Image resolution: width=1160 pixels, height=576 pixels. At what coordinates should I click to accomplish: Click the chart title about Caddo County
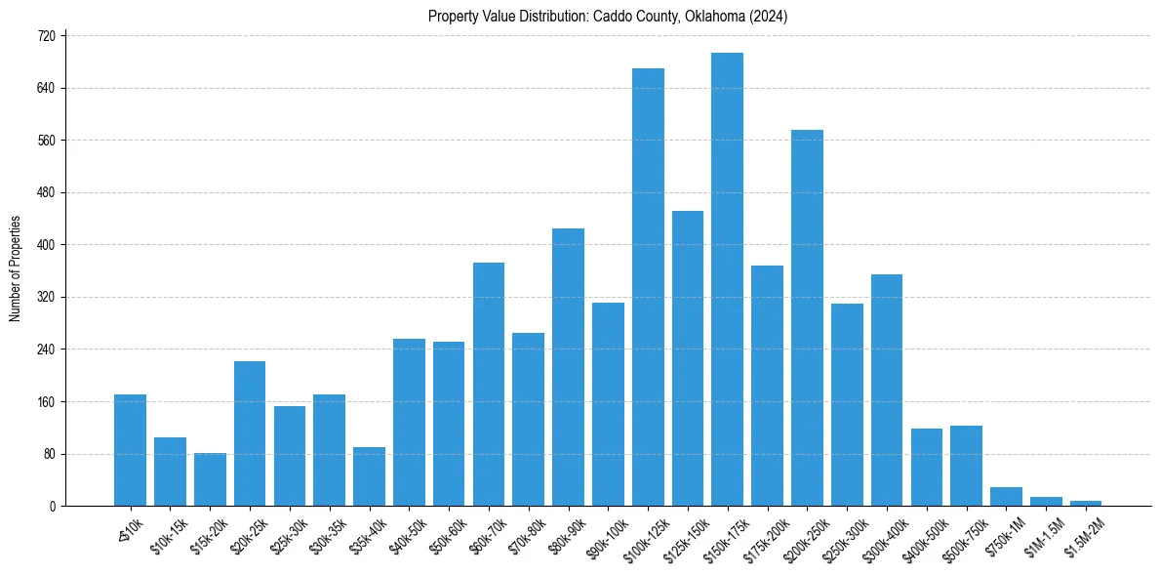click(608, 17)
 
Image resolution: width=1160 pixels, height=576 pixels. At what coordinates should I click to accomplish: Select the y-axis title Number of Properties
click(15, 268)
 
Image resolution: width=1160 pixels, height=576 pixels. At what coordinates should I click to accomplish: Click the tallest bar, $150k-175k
click(727, 279)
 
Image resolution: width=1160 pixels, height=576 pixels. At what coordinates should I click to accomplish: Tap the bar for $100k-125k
click(648, 287)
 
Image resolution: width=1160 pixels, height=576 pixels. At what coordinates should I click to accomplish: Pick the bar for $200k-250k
click(807, 318)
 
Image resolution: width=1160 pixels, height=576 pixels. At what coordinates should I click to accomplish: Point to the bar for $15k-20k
click(210, 479)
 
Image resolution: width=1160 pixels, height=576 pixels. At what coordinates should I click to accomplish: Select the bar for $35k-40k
click(369, 476)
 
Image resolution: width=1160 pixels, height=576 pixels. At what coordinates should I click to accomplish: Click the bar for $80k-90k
click(568, 367)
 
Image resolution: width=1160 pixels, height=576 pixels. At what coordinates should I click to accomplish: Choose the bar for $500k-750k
click(966, 466)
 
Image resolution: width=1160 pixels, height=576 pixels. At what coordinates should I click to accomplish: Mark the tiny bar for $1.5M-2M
click(1085, 503)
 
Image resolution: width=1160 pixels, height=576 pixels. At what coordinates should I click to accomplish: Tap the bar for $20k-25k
click(250, 433)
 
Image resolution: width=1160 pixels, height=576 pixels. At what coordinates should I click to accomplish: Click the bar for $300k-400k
click(886, 391)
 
